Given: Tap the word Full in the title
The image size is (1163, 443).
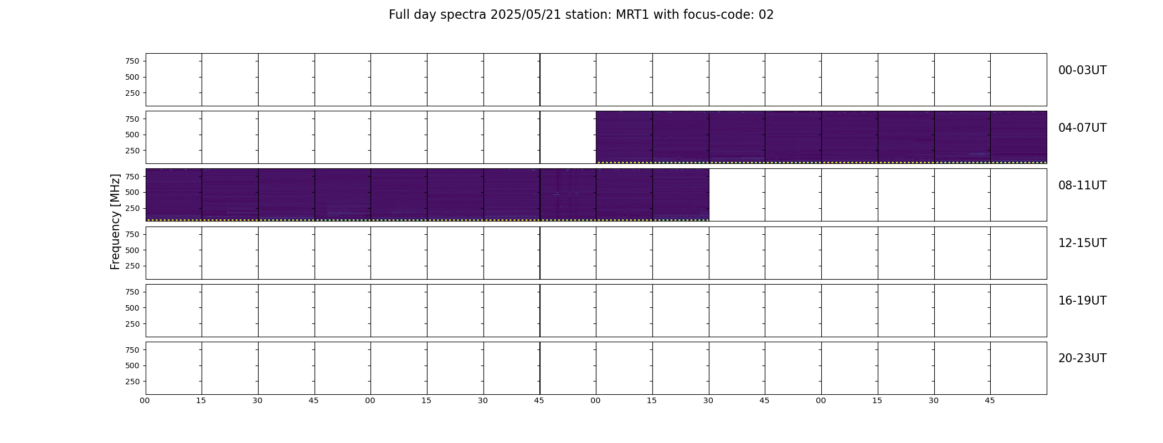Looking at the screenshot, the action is (x=399, y=15).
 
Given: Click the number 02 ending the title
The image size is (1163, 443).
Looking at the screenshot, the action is (x=766, y=15).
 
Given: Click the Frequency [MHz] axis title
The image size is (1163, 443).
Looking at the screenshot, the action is (x=115, y=221).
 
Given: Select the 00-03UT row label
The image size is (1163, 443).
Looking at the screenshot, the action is (x=1082, y=70).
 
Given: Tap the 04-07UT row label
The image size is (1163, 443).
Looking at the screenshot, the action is (x=1082, y=128).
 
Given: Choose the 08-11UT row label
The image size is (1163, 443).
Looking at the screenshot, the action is (x=1082, y=186).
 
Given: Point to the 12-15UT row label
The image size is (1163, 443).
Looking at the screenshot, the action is (x=1082, y=243).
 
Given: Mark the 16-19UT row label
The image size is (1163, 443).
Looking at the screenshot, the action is (x=1082, y=301).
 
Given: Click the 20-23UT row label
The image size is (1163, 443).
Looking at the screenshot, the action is (x=1082, y=358).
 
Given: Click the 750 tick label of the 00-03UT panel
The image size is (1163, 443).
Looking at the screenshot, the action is (x=132, y=61).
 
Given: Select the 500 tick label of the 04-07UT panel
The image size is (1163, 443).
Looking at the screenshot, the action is (x=132, y=135).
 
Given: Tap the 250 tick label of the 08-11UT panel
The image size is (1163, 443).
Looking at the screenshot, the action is (x=132, y=208).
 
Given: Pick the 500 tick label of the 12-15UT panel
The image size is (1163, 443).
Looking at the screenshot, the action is (x=132, y=250).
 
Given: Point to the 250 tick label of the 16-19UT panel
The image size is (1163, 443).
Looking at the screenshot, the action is (x=132, y=324).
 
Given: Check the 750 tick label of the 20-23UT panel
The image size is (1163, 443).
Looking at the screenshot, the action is (x=132, y=350).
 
